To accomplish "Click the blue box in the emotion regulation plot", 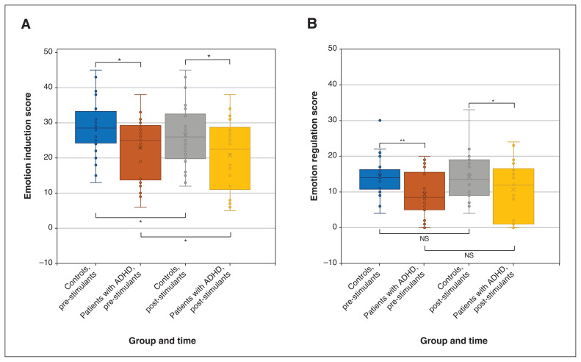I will (380, 180).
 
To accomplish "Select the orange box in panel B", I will (425, 191).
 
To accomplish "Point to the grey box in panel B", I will (469, 177).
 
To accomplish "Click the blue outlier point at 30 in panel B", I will (380, 121).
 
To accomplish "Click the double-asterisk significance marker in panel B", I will (402, 139).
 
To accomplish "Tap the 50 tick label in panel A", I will (46, 52).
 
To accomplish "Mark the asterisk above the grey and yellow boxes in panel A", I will (208, 56).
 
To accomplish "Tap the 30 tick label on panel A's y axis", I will (46, 122).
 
